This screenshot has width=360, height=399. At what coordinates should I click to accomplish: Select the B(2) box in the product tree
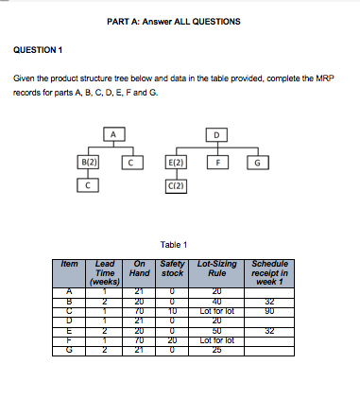tap(91, 163)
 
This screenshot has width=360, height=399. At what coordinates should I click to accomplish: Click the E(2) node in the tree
tap(176, 163)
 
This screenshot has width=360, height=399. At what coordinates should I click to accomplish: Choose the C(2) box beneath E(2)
tap(176, 185)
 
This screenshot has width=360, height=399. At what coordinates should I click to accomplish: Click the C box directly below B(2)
tap(91, 185)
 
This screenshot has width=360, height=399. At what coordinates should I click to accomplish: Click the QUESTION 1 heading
tap(39, 50)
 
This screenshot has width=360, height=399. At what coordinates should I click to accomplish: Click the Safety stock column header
tap(172, 269)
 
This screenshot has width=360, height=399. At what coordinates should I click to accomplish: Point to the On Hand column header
tap(140, 269)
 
